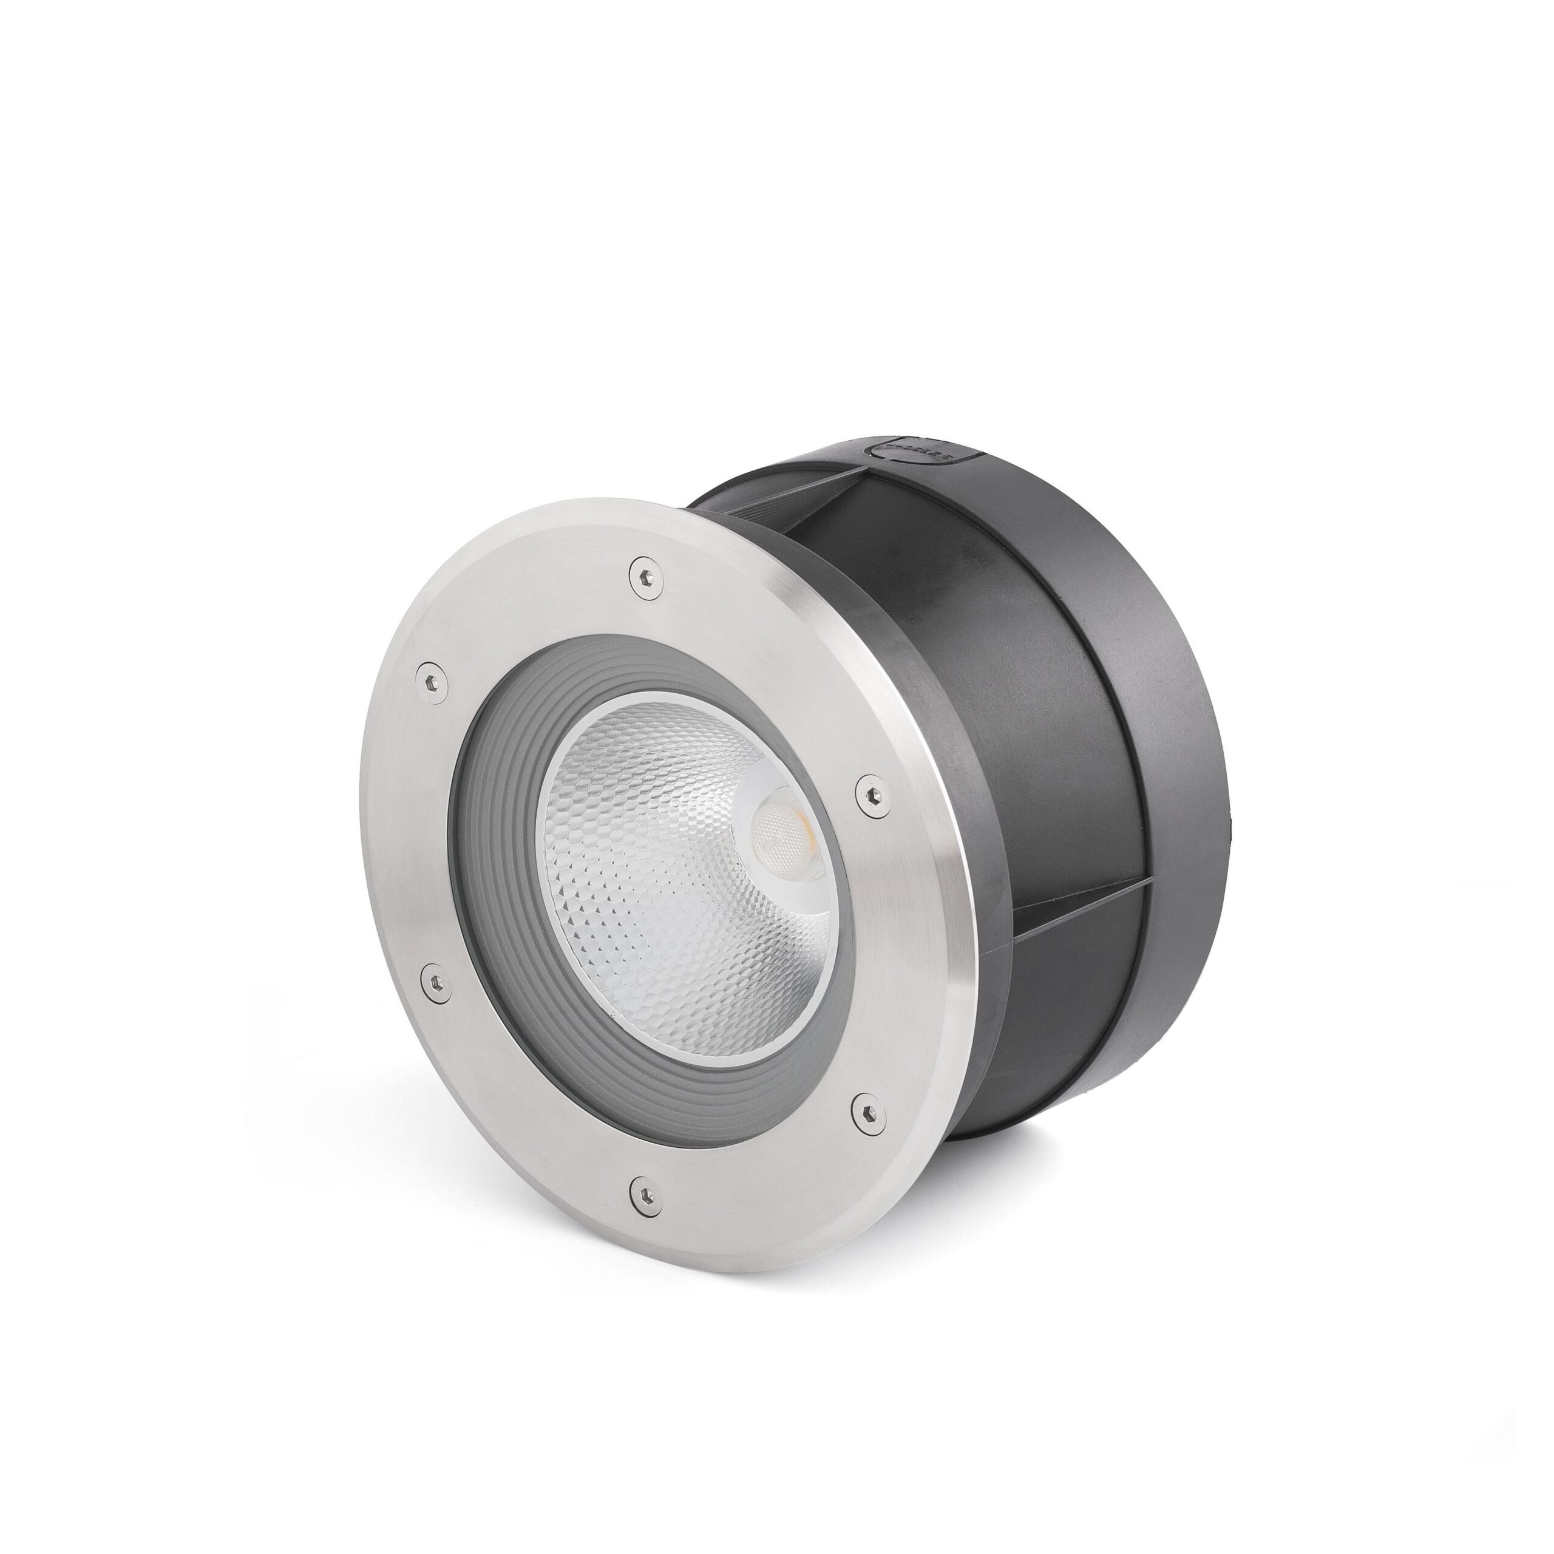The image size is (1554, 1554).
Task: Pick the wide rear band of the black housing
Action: pyautogui.click(x=1182, y=724)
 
